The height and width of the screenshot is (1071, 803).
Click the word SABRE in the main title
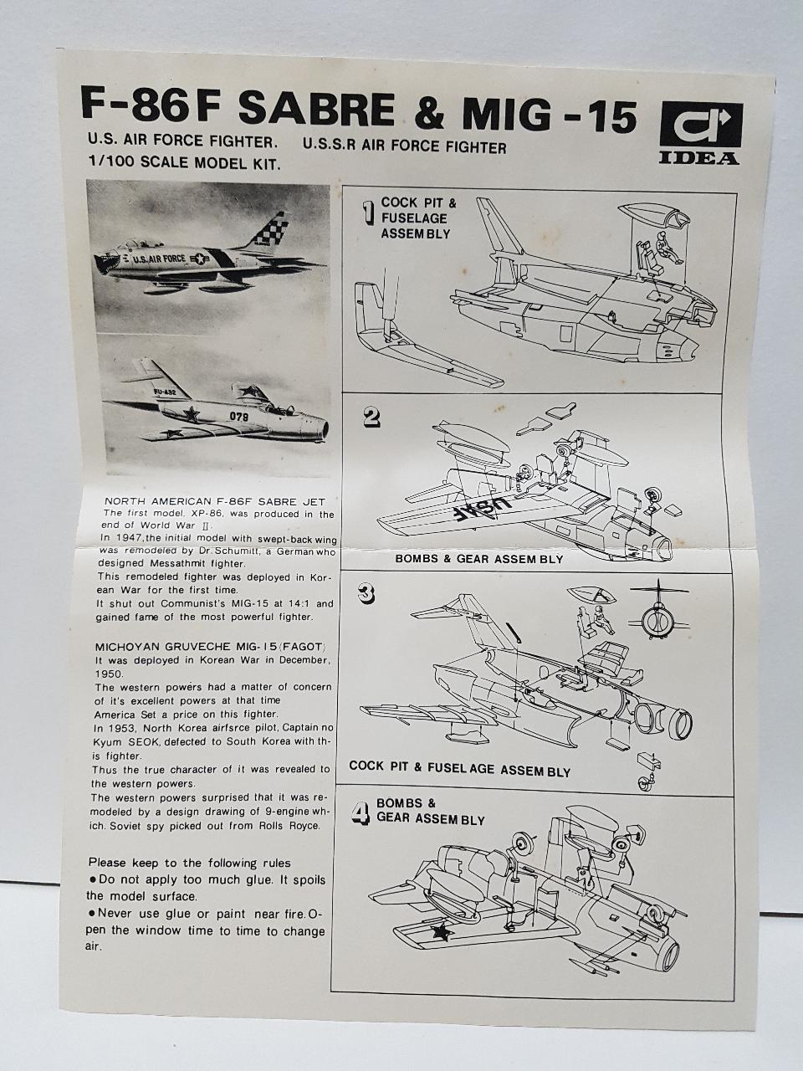click(x=317, y=109)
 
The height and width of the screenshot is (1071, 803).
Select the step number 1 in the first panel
click(x=371, y=215)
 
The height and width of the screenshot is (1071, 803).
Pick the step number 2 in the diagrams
click(x=371, y=418)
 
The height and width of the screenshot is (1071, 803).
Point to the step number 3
click(x=366, y=594)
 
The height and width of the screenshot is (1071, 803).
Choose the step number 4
click(x=361, y=813)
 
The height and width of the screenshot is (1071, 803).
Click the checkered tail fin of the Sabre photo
click(x=267, y=231)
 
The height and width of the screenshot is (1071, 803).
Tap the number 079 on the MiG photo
click(x=239, y=417)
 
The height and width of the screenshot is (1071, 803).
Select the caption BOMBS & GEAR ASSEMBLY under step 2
click(x=478, y=559)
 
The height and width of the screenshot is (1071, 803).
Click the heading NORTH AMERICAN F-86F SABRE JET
click(x=215, y=501)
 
